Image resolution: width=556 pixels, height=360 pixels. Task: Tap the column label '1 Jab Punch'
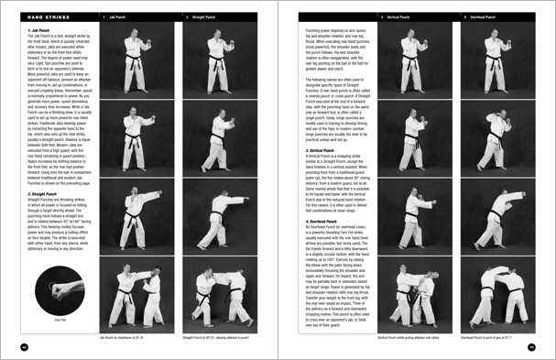[119, 16]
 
